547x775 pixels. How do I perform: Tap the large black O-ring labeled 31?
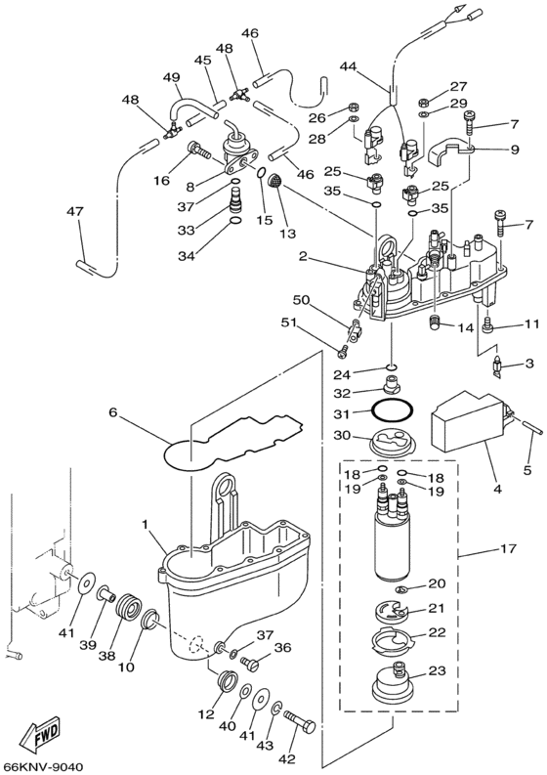[392, 409]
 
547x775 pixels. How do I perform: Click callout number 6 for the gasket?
[112, 412]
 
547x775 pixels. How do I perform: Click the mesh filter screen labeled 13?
[274, 181]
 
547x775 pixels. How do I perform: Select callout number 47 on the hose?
[76, 212]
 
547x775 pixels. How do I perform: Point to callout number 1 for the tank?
[145, 526]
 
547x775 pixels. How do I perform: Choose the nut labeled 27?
[423, 104]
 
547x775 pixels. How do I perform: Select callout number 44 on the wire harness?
[350, 65]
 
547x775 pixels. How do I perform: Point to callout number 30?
[342, 436]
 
